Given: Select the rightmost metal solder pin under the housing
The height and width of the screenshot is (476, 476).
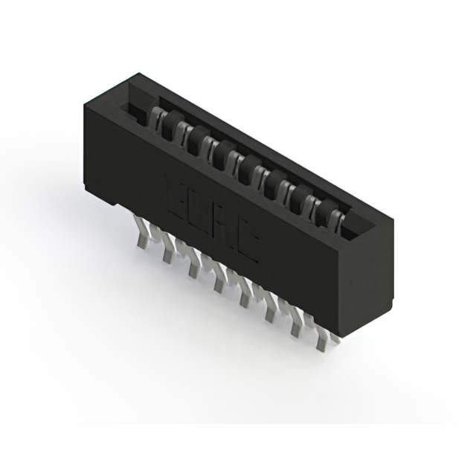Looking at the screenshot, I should click(325, 338).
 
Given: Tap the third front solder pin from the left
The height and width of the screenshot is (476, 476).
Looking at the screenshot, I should click(194, 266).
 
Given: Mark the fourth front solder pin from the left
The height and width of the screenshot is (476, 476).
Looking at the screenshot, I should click(219, 280).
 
